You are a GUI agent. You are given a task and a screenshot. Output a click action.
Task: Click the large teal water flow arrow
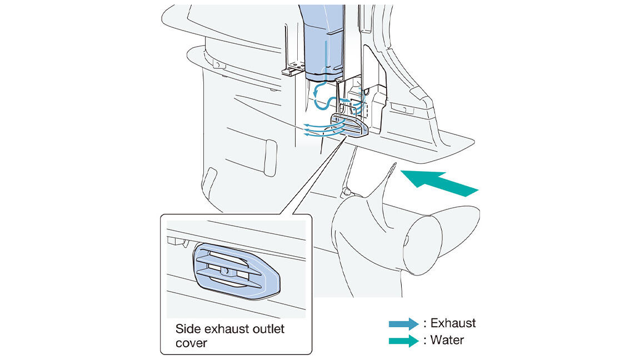pos(439,183)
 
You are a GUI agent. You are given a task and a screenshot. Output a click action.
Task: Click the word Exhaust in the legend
pos(453,323)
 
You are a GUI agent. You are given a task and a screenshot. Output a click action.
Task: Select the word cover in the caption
pos(191,343)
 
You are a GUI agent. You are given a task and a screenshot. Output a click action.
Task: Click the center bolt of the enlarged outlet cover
pos(225,270)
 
